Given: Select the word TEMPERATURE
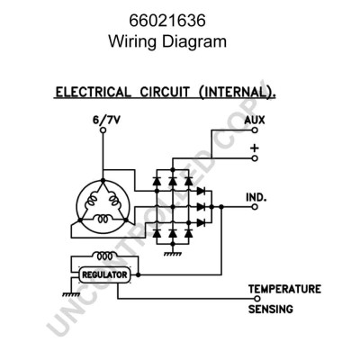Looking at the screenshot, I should [285, 289].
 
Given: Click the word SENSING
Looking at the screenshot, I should [271, 309].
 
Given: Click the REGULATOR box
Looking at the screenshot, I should [105, 274].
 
